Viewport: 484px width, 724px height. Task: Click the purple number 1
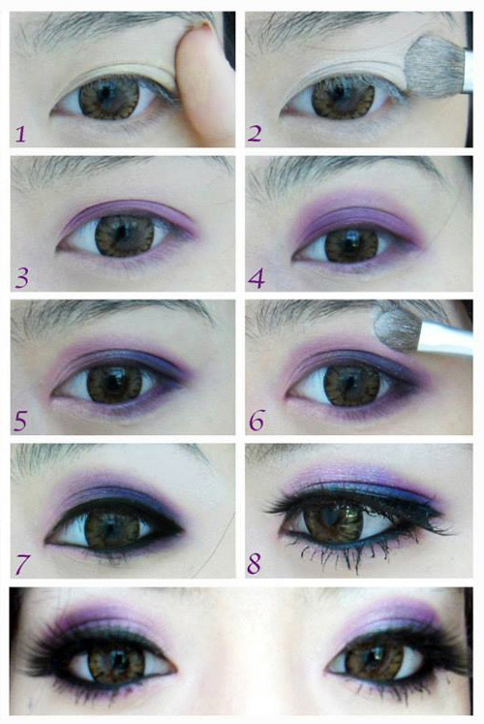coord(20,134)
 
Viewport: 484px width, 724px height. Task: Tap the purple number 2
coord(255,133)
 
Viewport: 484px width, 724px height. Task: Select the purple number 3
coord(21,278)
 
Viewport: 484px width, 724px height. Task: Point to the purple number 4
coord(257,278)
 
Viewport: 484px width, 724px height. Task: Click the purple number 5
coord(20,421)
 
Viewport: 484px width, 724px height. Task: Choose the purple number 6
coord(257,421)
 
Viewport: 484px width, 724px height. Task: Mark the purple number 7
coord(22,564)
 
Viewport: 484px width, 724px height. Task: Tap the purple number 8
coord(254,563)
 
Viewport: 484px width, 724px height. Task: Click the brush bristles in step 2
coord(435,66)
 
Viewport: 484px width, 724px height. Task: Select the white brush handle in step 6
coord(445,338)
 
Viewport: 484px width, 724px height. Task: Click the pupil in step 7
coord(113,526)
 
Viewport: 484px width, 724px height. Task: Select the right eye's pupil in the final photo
coord(375,658)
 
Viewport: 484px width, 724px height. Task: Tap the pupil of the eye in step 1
coord(106,94)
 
